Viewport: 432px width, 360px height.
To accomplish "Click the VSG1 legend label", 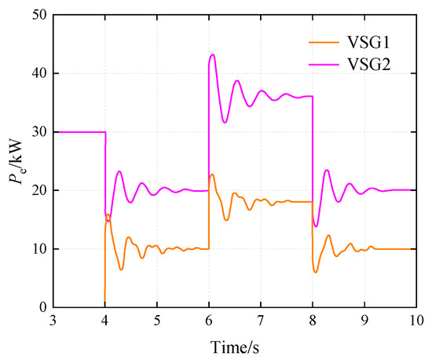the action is tap(368, 42).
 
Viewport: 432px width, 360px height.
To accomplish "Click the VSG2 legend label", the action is tap(368, 64).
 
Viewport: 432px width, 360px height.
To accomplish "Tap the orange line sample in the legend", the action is tap(324, 42).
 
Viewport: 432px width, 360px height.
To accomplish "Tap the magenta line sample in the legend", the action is tap(324, 64).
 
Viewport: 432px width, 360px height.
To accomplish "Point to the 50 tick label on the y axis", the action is tap(40, 15).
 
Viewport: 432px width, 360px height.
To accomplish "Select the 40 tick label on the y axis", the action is tap(40, 73).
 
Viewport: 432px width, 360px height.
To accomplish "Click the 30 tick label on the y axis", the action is tap(40, 132).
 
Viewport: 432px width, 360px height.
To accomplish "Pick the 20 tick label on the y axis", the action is tap(40, 190).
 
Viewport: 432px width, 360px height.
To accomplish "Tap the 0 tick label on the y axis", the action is tap(43, 307).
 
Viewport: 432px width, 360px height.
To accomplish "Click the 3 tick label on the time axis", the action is tap(53, 321).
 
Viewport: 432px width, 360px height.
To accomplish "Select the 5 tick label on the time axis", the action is tap(157, 321).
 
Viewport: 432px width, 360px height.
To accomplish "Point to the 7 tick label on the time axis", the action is tap(261, 321).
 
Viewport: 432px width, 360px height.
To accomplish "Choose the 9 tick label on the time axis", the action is tap(364, 321).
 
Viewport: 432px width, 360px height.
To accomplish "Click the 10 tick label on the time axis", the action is tap(416, 321).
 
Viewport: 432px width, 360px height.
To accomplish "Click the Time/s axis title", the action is tap(235, 347).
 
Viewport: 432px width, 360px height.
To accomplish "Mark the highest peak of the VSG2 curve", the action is tap(212, 54).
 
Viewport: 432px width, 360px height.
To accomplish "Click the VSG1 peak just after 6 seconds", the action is tap(212, 174).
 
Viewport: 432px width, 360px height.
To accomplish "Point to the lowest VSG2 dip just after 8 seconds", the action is tap(316, 226).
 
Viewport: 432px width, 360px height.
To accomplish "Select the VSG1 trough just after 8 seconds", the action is tap(316, 272).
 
